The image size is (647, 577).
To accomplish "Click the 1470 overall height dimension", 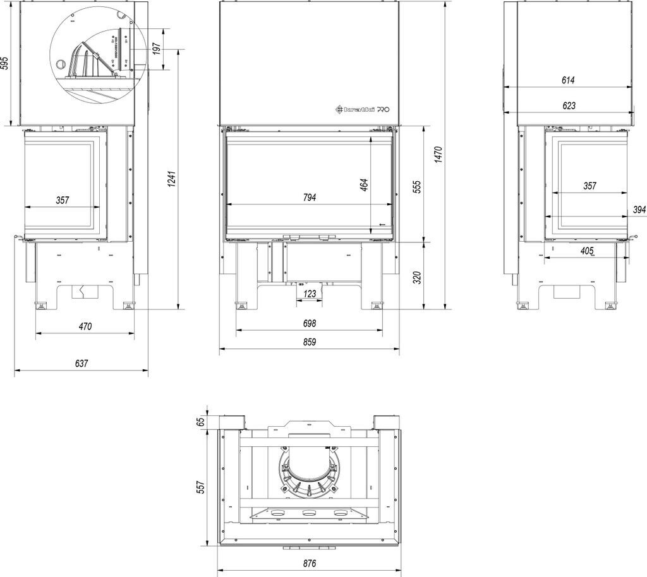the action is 437,155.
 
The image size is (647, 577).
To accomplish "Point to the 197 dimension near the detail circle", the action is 157,49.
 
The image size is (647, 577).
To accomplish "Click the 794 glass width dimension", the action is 309,198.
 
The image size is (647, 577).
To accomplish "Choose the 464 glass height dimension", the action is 364,186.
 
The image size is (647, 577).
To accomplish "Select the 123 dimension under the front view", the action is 310,294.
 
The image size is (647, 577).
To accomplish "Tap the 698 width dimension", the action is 309,323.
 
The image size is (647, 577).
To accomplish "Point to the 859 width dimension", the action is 309,342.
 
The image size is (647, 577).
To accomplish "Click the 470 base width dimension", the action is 85,326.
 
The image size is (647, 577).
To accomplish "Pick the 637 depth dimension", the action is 82,363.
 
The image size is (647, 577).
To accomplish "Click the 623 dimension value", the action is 569,106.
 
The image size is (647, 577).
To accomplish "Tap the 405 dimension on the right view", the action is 586,251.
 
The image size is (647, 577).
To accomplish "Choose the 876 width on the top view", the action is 308,563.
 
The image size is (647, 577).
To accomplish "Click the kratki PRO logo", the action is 362,109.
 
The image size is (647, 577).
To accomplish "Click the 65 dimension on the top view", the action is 202,422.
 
